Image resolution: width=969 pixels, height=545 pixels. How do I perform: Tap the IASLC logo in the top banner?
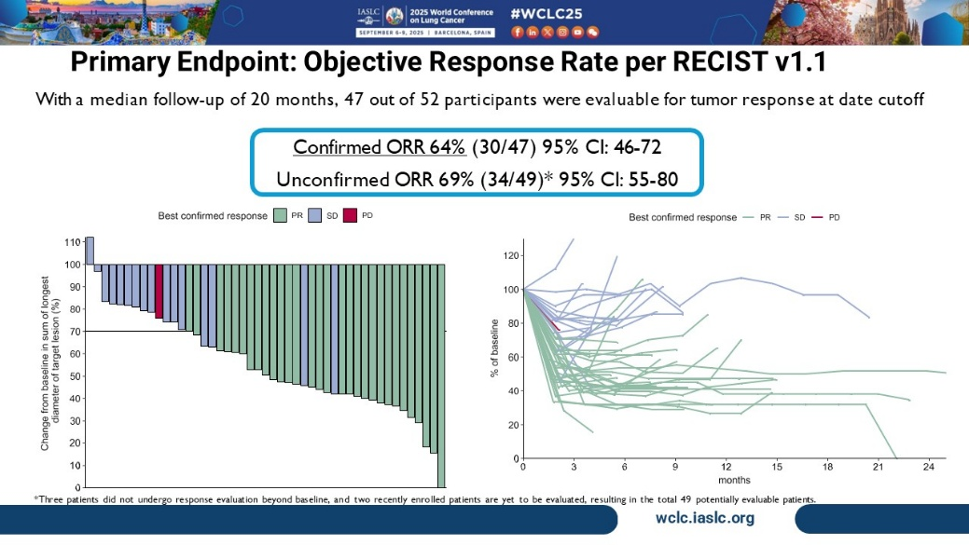pos(368,16)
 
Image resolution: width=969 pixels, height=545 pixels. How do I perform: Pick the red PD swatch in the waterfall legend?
pos(350,216)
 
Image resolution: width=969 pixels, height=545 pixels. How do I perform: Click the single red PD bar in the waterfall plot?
pos(159,293)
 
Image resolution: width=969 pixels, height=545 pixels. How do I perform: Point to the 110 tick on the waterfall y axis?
pos(71,241)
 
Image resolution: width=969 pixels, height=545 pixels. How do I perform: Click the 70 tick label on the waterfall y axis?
pos(74,331)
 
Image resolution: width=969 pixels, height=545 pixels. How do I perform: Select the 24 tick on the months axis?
pos(928,466)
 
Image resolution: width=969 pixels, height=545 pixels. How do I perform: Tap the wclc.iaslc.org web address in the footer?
pos(704,518)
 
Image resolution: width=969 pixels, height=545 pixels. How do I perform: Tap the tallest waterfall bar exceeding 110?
pos(90,250)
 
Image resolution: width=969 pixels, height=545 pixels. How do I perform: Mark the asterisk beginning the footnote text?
pos(36,498)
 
